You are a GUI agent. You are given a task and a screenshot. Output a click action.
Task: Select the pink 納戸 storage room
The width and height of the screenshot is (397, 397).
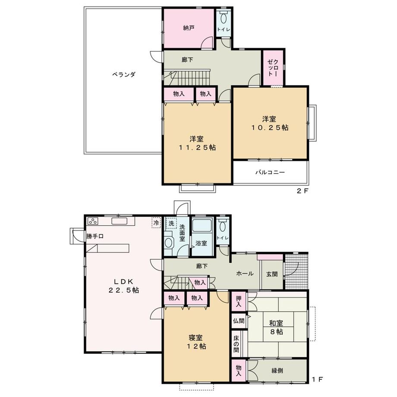pyautogui.click(x=188, y=28)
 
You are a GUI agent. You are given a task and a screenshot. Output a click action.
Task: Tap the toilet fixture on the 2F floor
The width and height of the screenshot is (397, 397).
pyautogui.click(x=224, y=19)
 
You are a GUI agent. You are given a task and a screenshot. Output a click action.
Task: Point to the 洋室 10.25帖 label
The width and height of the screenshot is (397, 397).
pyautogui.click(x=271, y=123)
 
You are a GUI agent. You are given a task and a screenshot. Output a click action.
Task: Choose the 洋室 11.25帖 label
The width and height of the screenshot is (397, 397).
pyautogui.click(x=197, y=143)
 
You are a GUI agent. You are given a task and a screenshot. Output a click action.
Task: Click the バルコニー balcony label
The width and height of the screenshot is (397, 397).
pyautogui.click(x=270, y=172)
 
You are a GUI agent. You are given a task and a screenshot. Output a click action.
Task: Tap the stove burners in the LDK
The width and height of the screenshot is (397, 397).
pyautogui.click(x=94, y=221)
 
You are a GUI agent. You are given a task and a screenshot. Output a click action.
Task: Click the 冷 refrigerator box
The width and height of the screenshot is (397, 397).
pyautogui.click(x=155, y=222)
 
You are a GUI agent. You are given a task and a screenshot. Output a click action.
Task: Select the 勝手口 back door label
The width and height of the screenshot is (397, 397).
pyautogui.click(x=95, y=236)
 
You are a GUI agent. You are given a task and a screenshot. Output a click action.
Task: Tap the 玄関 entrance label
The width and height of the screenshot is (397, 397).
pyautogui.click(x=272, y=274)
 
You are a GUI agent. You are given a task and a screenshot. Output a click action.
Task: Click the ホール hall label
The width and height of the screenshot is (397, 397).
pyautogui.click(x=244, y=274)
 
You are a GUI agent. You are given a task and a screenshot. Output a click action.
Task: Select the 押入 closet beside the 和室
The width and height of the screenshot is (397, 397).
pyautogui.click(x=238, y=301)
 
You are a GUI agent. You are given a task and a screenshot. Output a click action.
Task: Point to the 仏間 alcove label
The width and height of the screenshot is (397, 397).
pyautogui.click(x=238, y=321)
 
